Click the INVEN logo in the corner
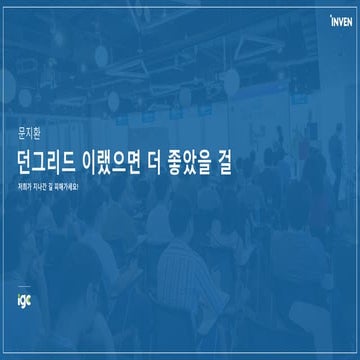[340, 16]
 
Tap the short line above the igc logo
[23, 285]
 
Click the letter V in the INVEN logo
[339, 16]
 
